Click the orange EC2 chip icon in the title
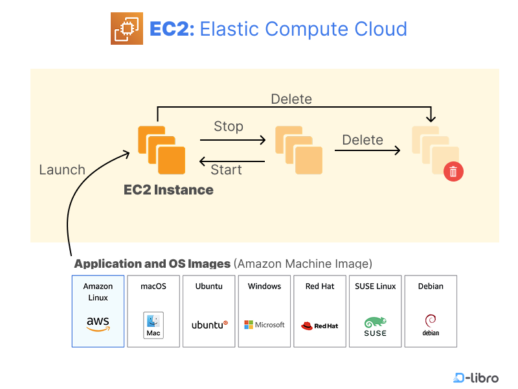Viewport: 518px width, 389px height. (126, 29)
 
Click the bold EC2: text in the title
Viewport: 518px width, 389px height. (172, 29)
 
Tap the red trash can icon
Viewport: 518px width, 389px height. (453, 171)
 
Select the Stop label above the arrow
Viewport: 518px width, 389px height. (228, 126)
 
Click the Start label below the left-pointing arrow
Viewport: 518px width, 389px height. (226, 170)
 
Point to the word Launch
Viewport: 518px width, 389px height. (62, 170)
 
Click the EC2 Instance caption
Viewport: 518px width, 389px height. (168, 190)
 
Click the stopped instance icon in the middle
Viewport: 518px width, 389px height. (298, 150)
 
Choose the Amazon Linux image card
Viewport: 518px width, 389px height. (98, 311)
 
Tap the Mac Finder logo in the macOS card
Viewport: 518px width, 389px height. (153, 324)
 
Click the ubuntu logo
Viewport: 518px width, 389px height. (209, 324)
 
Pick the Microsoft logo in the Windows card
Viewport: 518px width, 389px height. (264, 325)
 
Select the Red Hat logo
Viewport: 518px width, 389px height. (320, 325)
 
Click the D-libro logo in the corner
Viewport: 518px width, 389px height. (476, 377)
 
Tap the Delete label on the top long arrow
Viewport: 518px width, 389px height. (291, 99)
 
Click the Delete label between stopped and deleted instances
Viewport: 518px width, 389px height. (363, 140)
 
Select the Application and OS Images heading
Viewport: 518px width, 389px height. (153, 264)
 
